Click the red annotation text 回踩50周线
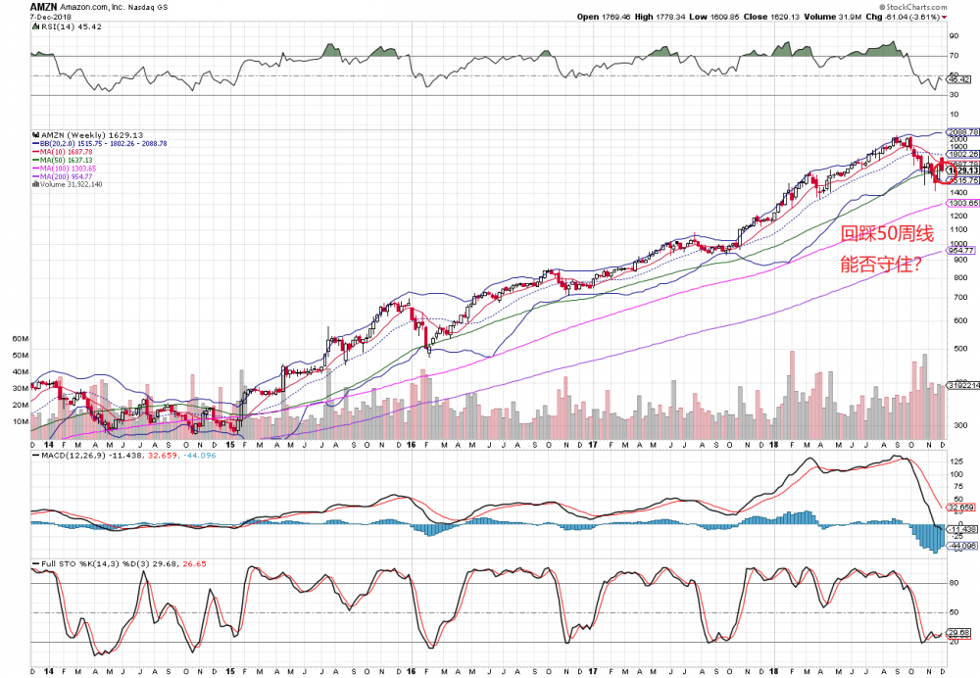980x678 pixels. point(881,233)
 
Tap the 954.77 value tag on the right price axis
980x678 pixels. point(960,251)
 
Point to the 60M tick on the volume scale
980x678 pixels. point(20,338)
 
